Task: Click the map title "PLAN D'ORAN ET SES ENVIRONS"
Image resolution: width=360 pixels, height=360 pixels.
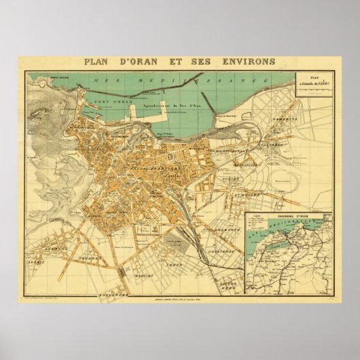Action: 179,61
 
